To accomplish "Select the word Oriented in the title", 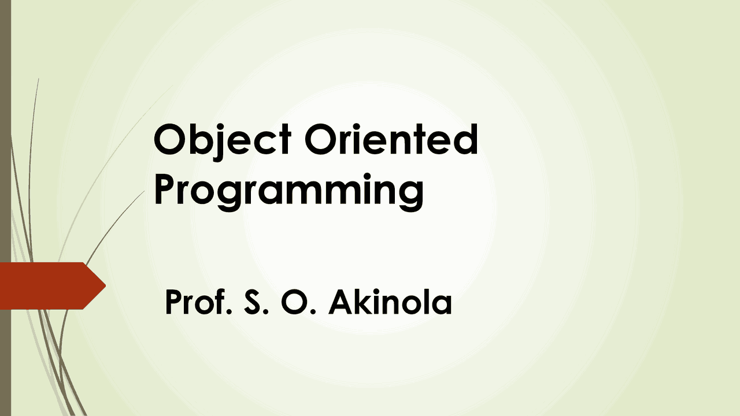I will (391, 140).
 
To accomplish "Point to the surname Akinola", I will (390, 303).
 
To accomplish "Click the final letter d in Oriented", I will (465, 140).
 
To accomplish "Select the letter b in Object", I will (197, 140).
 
